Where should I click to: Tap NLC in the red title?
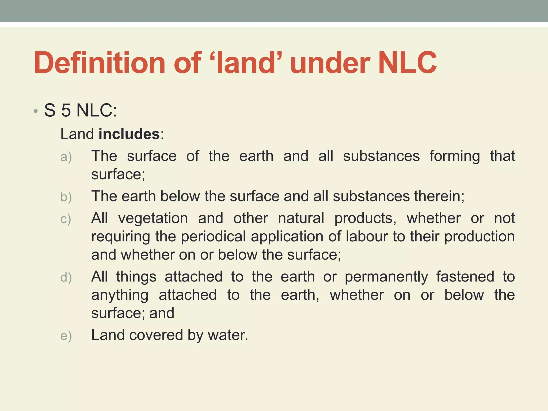tap(408, 63)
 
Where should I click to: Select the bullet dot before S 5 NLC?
tap(36, 111)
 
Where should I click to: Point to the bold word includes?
tap(129, 134)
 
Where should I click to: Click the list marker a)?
tap(66, 157)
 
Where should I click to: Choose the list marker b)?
tap(66, 197)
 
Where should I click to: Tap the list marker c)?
tap(66, 219)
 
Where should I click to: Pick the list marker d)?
tap(66, 277)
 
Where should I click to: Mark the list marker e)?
tap(66, 336)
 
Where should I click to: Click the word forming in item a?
tap(455, 157)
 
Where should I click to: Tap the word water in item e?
tap(228, 335)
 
